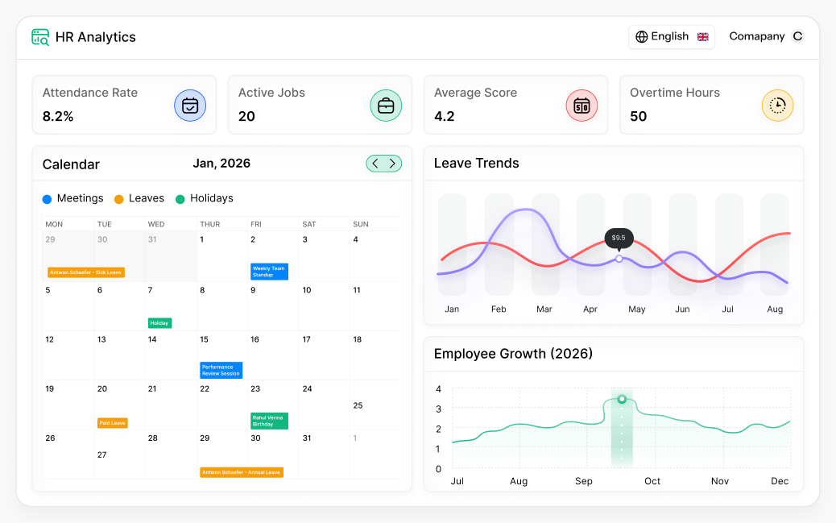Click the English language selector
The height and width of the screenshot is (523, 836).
(671, 37)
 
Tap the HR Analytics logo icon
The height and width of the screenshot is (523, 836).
(40, 37)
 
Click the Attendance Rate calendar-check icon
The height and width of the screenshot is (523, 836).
(190, 106)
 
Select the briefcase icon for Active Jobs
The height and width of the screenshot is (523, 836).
(386, 106)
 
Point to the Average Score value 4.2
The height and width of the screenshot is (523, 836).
(445, 116)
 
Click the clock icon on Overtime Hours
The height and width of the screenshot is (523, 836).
(777, 106)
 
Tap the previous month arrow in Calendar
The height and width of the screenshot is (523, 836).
(375, 164)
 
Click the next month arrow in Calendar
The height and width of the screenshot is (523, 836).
(392, 164)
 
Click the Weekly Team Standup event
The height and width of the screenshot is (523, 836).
(269, 272)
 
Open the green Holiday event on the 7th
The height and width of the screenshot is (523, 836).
(159, 323)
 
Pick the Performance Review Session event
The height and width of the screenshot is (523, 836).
(221, 370)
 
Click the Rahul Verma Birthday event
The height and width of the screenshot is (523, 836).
(269, 421)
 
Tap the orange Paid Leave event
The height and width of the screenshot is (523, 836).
(112, 423)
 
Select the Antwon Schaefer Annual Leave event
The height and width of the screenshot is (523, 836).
(242, 472)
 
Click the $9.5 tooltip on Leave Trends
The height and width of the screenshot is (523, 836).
(619, 238)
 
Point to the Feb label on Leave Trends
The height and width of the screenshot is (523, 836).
(499, 309)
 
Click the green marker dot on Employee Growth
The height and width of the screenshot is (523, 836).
(622, 399)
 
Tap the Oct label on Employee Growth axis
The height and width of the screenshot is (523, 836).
(652, 481)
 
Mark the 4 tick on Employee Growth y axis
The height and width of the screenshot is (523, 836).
(438, 389)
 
